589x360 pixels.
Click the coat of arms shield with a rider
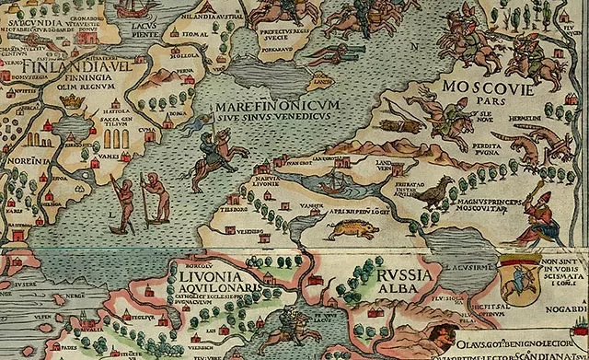click(521, 279)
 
